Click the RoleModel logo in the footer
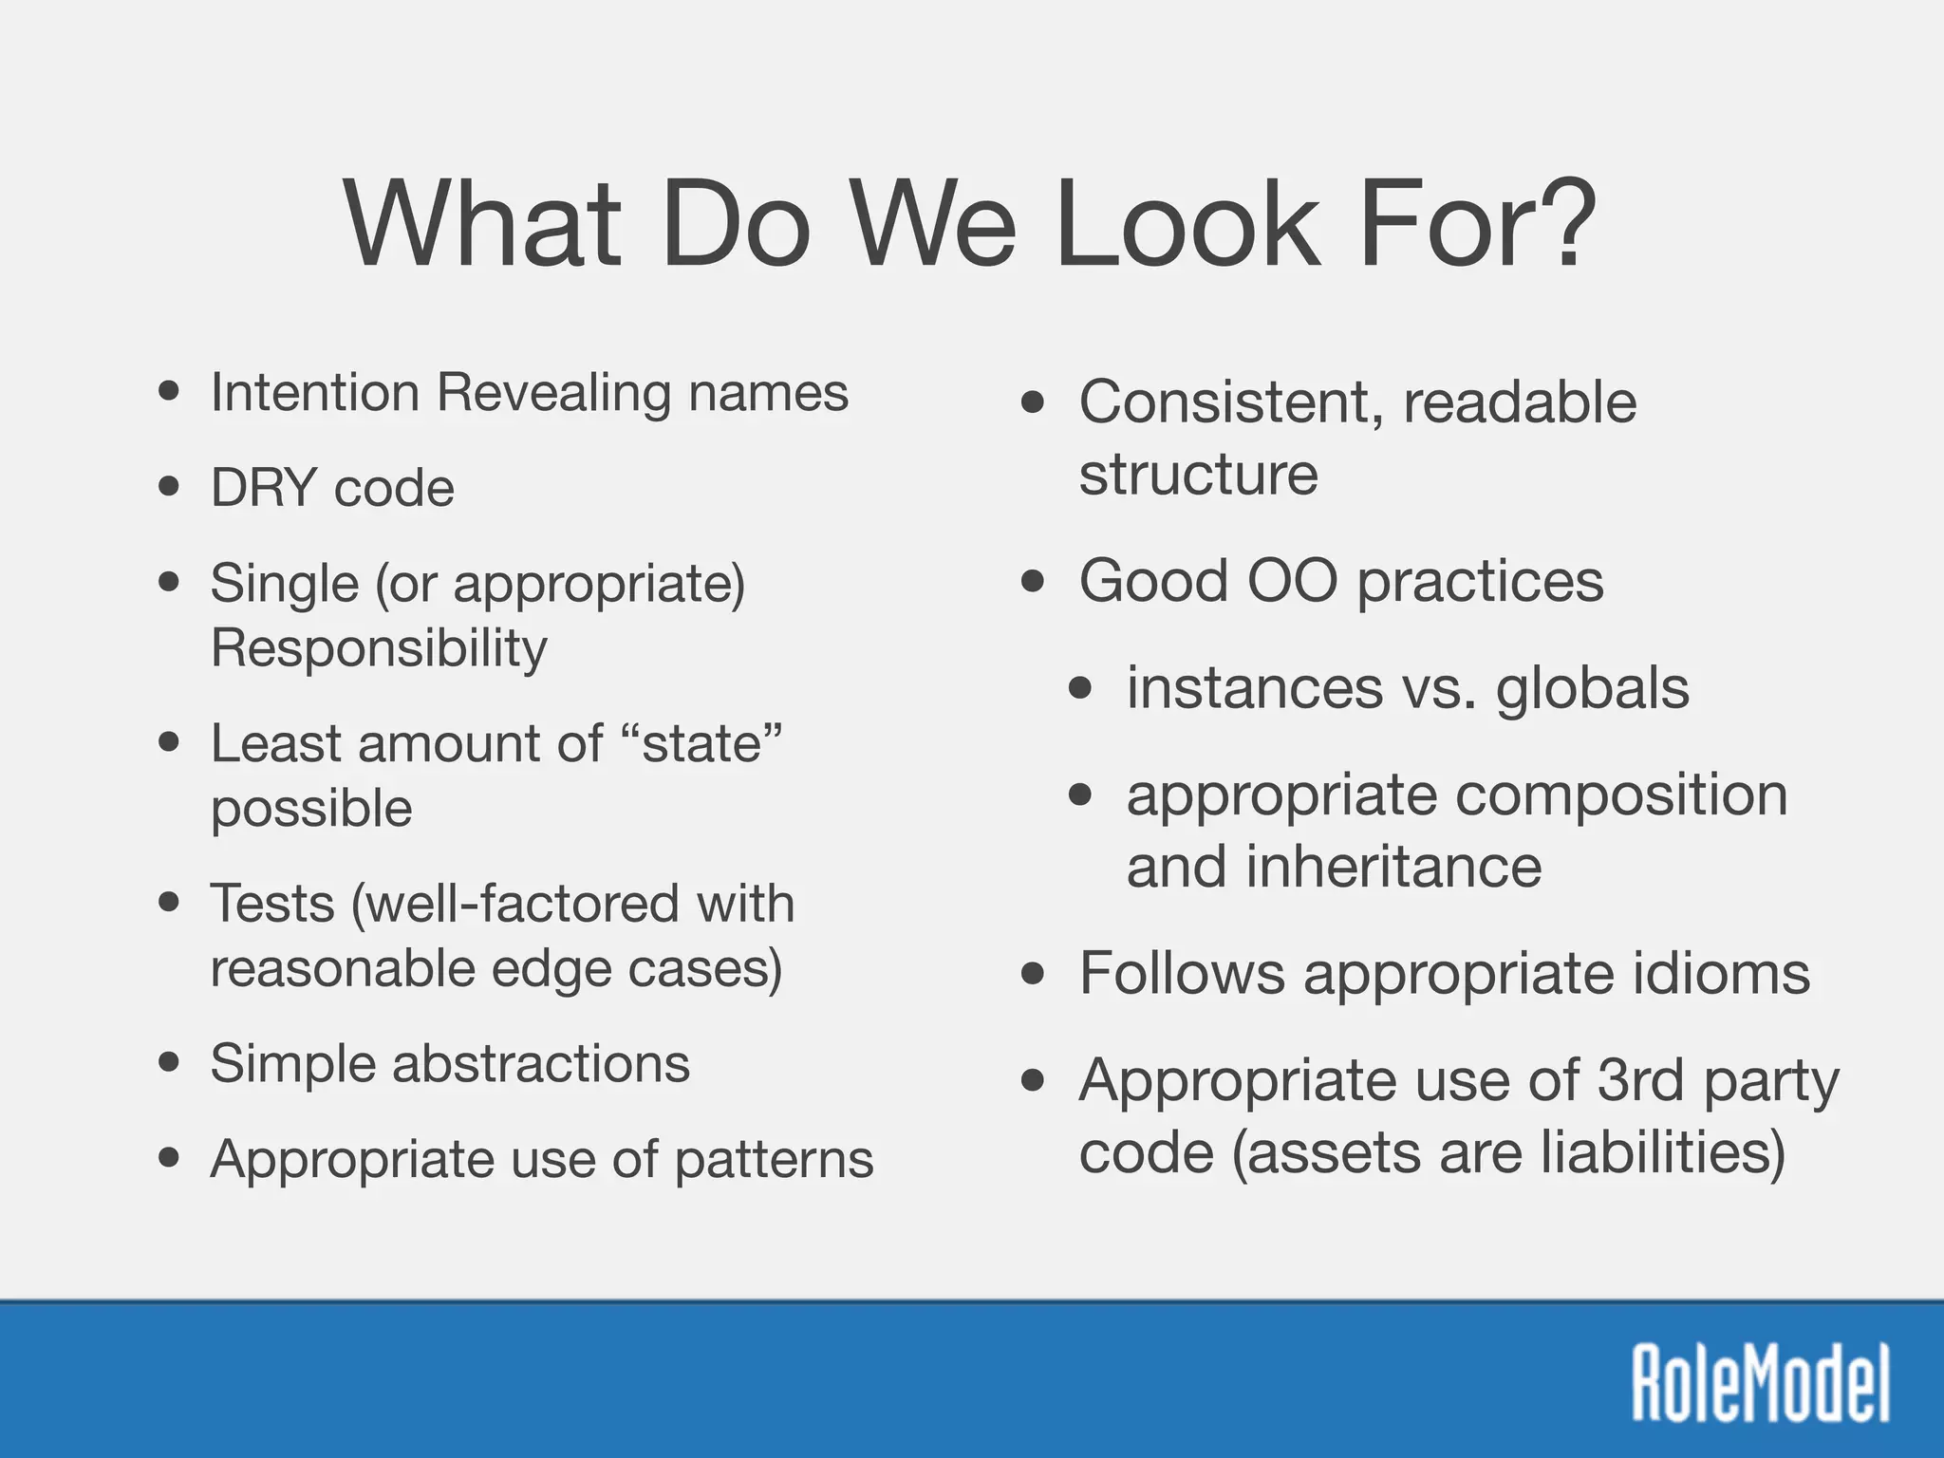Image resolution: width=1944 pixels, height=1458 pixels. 1761,1382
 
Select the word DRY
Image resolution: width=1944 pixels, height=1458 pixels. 263,488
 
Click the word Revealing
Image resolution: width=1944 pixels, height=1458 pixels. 553,392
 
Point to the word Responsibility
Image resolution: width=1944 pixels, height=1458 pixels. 379,648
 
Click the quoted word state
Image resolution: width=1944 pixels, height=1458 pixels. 702,743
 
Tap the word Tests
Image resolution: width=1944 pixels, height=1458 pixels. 272,903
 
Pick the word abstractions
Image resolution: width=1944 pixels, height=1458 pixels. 541,1063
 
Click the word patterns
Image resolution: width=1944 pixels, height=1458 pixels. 774,1160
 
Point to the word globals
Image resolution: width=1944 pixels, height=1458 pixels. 1593,687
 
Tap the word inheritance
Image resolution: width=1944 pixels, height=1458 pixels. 1393,867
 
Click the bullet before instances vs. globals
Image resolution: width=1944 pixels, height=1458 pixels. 1080,688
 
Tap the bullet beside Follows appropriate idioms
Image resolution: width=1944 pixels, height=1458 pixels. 1033,974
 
